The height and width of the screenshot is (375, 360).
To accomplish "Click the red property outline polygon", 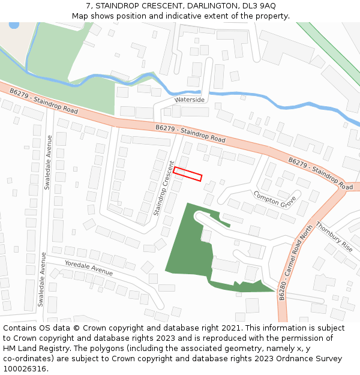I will (x=188, y=174).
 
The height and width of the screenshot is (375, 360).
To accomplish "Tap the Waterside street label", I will (x=190, y=100).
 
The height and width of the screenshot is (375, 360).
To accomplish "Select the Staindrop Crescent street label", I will (x=163, y=188).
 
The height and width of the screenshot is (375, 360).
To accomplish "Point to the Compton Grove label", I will (x=275, y=199).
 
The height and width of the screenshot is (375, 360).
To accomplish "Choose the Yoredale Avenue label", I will (x=89, y=268).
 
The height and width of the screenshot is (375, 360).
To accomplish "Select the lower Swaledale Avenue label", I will (x=42, y=279).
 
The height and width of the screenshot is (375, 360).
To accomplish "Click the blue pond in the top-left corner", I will (x=13, y=25).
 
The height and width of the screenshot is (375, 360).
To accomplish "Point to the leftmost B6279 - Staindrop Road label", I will (x=44, y=100).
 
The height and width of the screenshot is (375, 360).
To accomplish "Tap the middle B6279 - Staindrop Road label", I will (x=190, y=134).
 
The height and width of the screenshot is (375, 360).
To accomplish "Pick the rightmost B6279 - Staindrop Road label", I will (x=320, y=173).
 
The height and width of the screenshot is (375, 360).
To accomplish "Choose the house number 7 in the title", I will (x=88, y=5).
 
